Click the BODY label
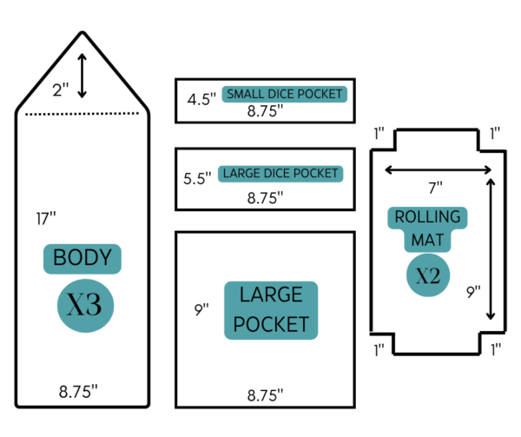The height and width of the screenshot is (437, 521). click(x=82, y=259)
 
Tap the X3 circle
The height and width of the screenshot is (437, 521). click(x=85, y=306)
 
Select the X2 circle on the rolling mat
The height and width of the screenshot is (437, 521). click(x=428, y=275)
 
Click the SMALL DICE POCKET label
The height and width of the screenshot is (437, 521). click(x=285, y=94)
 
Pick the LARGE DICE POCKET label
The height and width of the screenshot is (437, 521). click(x=280, y=174)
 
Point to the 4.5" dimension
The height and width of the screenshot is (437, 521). click(x=201, y=99)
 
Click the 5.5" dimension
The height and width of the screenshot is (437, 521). click(x=197, y=178)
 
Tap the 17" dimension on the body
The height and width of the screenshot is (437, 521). click(x=46, y=219)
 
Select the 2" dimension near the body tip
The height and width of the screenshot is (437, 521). click(x=61, y=89)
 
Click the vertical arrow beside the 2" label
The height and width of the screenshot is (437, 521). click(x=82, y=76)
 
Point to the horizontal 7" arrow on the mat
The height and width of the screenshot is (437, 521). click(x=438, y=169)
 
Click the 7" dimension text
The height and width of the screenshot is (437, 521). click(x=435, y=188)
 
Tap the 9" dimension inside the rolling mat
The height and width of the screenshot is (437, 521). click(x=473, y=292)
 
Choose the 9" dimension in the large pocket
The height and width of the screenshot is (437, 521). click(x=201, y=309)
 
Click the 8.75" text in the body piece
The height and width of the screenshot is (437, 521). click(x=78, y=392)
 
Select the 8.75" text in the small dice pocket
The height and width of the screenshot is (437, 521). click(x=265, y=110)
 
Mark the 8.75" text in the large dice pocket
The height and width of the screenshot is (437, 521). click(x=265, y=198)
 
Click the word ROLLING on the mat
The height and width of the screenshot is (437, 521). click(x=427, y=217)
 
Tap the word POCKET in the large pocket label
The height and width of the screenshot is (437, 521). click(x=271, y=324)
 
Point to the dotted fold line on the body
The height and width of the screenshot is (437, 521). click(x=82, y=114)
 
